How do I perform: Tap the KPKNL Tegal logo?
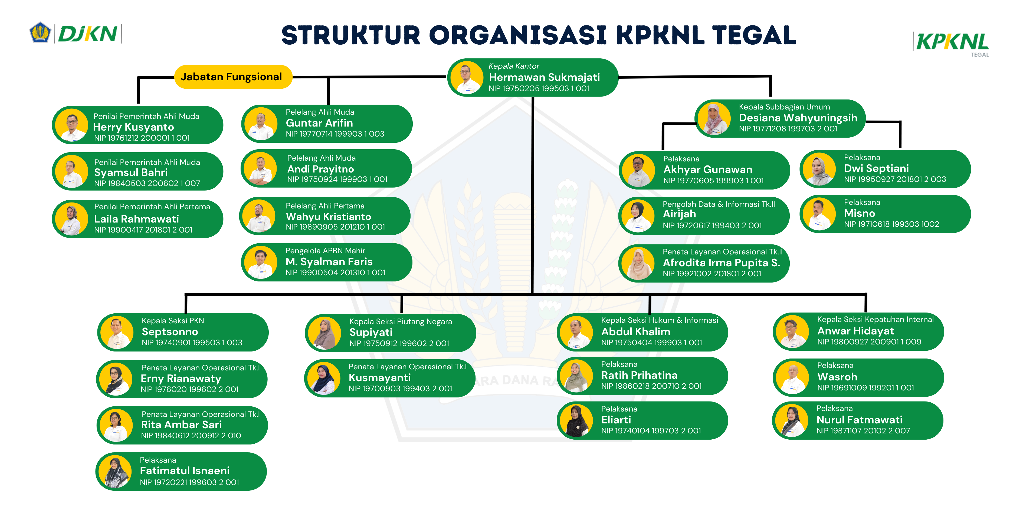tap(952, 43)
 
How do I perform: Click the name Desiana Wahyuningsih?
tap(798, 118)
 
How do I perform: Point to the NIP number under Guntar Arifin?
tap(335, 134)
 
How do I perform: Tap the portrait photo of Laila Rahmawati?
tap(71, 219)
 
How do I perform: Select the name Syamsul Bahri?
tap(131, 172)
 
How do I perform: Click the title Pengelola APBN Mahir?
tap(325, 251)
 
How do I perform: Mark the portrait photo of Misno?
tap(819, 214)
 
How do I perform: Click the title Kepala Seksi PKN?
tap(173, 321)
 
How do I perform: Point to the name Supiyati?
tap(370, 333)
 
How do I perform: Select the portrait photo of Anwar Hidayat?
tap(792, 332)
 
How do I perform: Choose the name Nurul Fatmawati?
tap(859, 420)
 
